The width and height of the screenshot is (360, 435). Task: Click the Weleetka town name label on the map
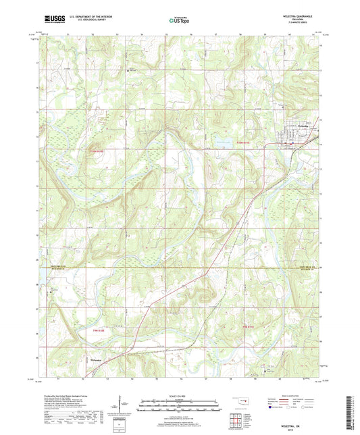tap(301, 126)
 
